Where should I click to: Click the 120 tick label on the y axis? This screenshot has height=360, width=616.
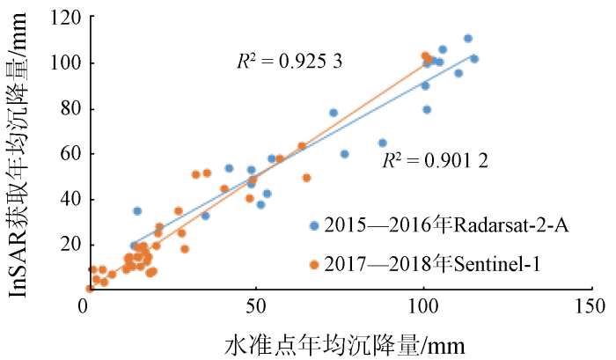63,18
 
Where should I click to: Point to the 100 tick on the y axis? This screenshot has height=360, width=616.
63,63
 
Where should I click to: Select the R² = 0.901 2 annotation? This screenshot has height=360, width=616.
435,161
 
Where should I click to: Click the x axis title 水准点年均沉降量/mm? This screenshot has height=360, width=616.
343,341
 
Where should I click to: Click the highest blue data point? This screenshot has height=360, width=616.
468,39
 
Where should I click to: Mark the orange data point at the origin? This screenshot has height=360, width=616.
90,288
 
